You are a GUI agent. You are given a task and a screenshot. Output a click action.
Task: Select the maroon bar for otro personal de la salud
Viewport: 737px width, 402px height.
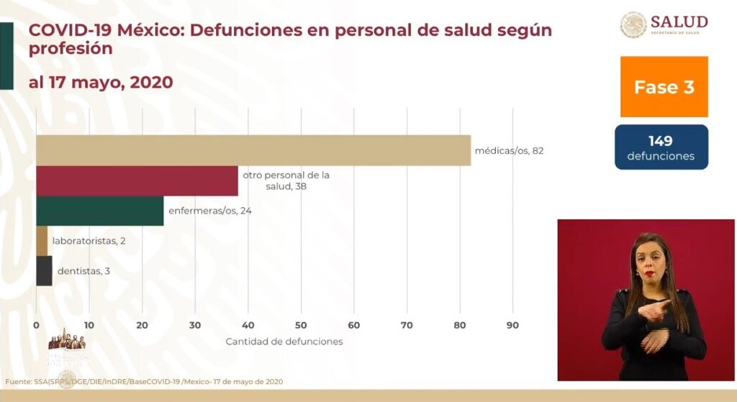pyautogui.click(x=137, y=181)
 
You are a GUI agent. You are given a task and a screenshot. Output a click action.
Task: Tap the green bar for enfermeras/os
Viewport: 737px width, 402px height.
pyautogui.click(x=99, y=211)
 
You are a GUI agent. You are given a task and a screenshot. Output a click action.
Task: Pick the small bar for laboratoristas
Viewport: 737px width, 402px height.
pyautogui.click(x=42, y=241)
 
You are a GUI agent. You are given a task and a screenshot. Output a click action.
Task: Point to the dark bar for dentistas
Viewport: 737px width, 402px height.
pyautogui.click(x=44, y=270)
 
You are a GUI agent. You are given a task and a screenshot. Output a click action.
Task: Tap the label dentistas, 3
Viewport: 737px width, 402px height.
pyautogui.click(x=83, y=271)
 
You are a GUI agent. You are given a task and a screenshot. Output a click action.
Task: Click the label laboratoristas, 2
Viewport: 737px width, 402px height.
pyautogui.click(x=89, y=241)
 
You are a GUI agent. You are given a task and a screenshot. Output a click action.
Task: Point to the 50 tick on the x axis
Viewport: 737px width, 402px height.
pyautogui.click(x=301, y=325)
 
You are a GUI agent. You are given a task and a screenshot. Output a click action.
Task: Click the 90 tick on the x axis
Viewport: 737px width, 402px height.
pyautogui.click(x=512, y=325)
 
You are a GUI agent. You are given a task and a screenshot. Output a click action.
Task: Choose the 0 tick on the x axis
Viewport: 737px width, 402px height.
pyautogui.click(x=36, y=325)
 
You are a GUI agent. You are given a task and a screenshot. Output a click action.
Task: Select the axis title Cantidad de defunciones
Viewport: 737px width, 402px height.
pyautogui.click(x=284, y=342)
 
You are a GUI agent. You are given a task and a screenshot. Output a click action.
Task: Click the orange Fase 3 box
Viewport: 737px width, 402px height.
pyautogui.click(x=664, y=87)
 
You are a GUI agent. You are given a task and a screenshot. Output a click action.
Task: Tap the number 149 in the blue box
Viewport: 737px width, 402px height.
pyautogui.click(x=660, y=142)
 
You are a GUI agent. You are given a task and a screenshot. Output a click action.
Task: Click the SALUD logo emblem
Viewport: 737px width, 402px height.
pyautogui.click(x=633, y=24)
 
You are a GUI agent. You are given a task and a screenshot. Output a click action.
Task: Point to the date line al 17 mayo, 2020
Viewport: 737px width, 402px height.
pyautogui.click(x=101, y=82)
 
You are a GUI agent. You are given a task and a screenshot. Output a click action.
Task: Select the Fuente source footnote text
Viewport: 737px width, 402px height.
pyautogui.click(x=144, y=381)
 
